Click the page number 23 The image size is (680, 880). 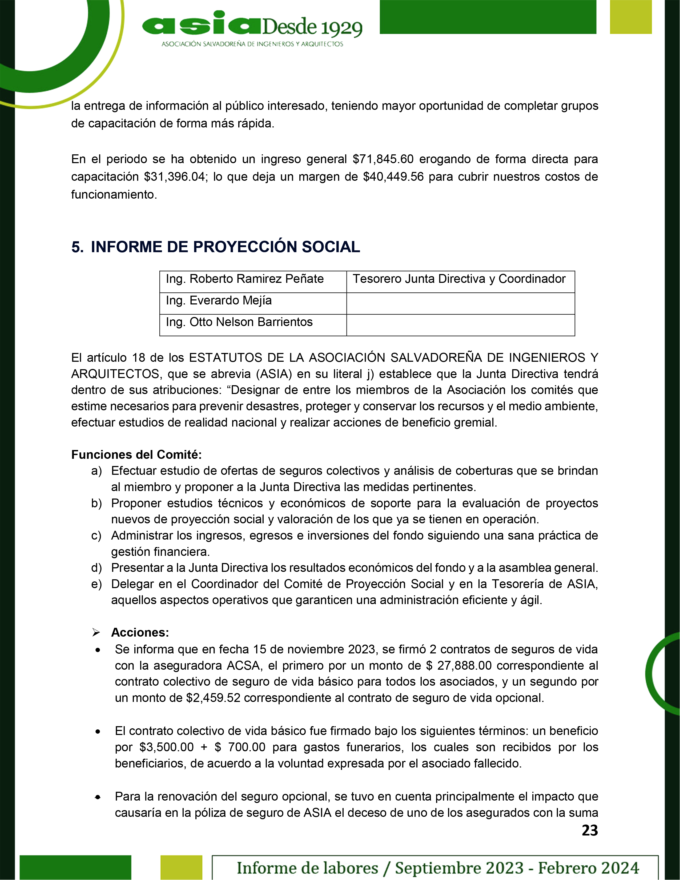590,830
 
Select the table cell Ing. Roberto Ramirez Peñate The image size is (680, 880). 244,279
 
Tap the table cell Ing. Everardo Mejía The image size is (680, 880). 219,301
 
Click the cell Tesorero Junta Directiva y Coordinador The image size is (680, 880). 459,279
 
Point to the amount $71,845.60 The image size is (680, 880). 383,159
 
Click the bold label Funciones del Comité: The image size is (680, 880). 136,455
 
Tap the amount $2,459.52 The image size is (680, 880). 213,698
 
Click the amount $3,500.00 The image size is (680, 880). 166,747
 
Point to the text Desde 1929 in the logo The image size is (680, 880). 312,27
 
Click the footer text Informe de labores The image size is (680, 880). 307,867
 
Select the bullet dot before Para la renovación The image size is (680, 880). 98,797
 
